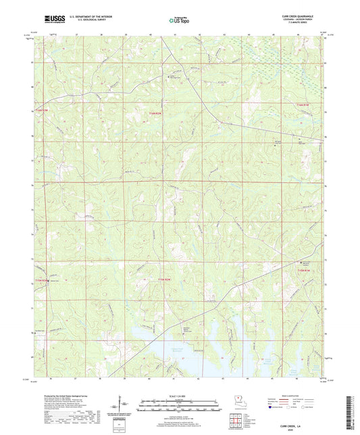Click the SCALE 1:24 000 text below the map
[178, 396]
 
